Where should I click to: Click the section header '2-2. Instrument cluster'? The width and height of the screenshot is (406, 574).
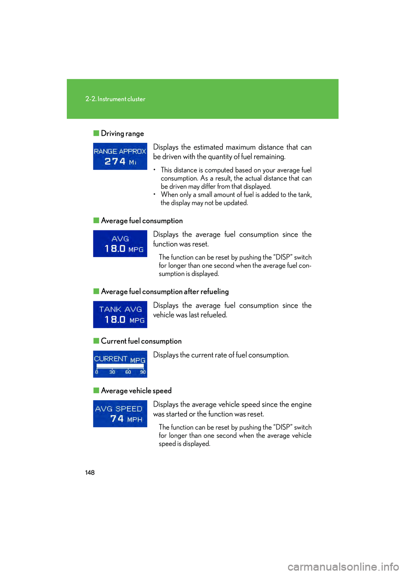pos(115,99)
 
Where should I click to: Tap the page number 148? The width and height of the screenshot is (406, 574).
pos(90,473)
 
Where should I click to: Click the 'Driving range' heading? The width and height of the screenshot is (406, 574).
pos(122,134)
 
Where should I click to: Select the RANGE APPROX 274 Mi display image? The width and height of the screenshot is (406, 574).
pos(120,156)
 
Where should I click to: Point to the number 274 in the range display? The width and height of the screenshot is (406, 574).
pos(115,161)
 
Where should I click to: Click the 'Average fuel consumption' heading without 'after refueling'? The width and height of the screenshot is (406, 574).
pos(142,221)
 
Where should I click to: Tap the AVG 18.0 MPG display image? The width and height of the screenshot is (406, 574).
pos(120,243)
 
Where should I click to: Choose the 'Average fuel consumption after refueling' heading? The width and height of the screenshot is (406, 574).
pos(165,292)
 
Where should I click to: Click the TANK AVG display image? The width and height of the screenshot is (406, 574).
pos(120,314)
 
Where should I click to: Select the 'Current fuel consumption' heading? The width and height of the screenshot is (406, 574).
pos(141,341)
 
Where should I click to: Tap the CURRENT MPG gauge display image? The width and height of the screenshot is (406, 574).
pos(120,364)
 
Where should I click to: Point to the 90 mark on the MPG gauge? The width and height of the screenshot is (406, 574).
pos(143,372)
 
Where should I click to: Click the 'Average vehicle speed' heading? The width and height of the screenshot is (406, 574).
pos(136,391)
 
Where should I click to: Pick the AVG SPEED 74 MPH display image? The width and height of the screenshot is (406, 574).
pos(120,414)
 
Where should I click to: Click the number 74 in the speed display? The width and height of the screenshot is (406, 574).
pos(117,419)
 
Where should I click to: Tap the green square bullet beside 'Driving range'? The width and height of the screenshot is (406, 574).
pos(96,133)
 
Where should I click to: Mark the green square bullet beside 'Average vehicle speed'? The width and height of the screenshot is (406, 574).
pos(96,391)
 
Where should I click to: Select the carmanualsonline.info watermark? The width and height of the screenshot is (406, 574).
pos(343,566)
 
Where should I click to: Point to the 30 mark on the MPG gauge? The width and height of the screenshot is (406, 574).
pos(112,372)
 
